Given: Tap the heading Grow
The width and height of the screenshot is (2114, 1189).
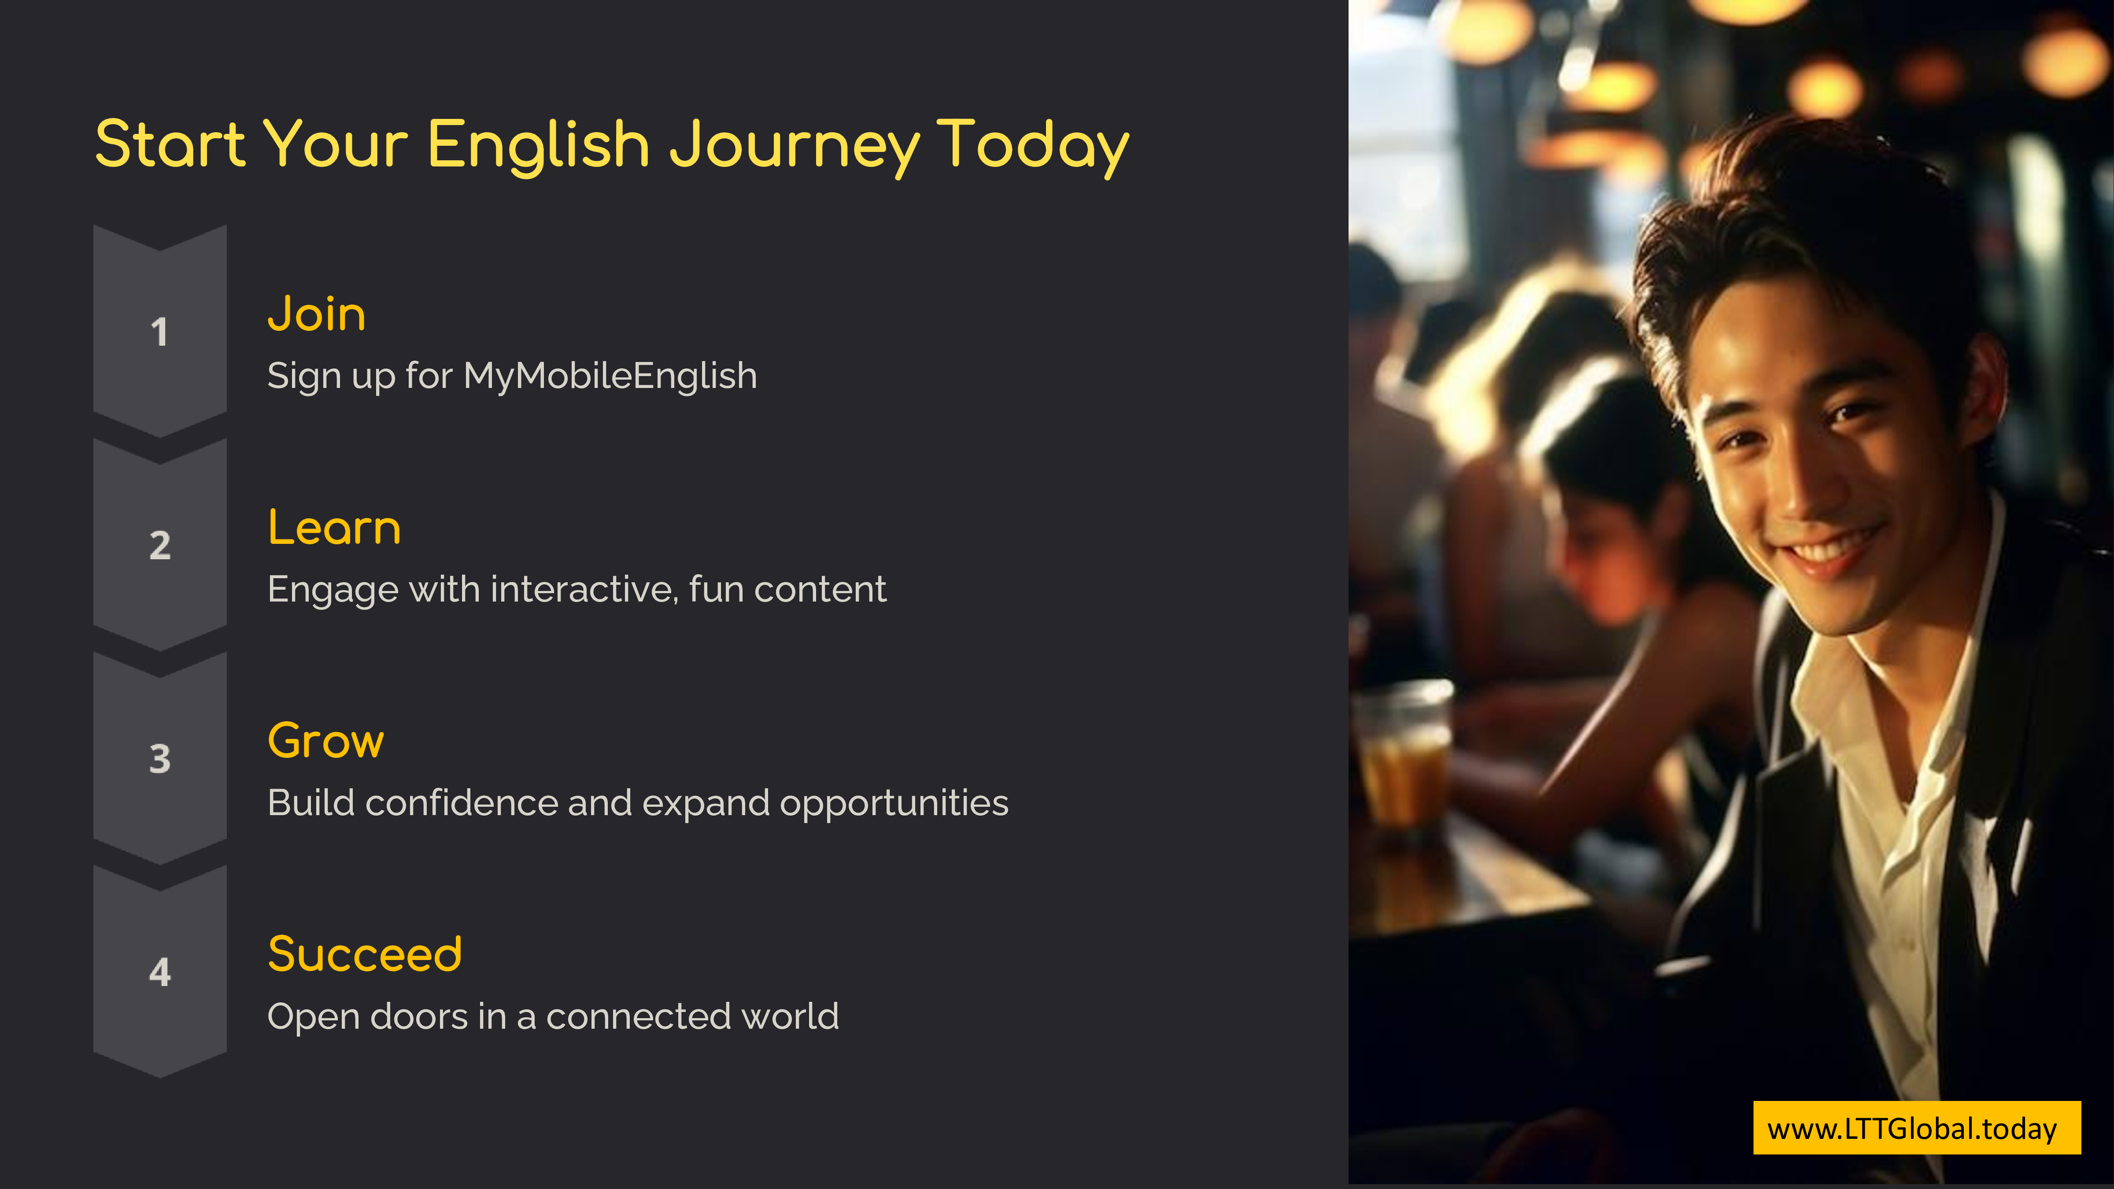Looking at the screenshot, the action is (x=326, y=741).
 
